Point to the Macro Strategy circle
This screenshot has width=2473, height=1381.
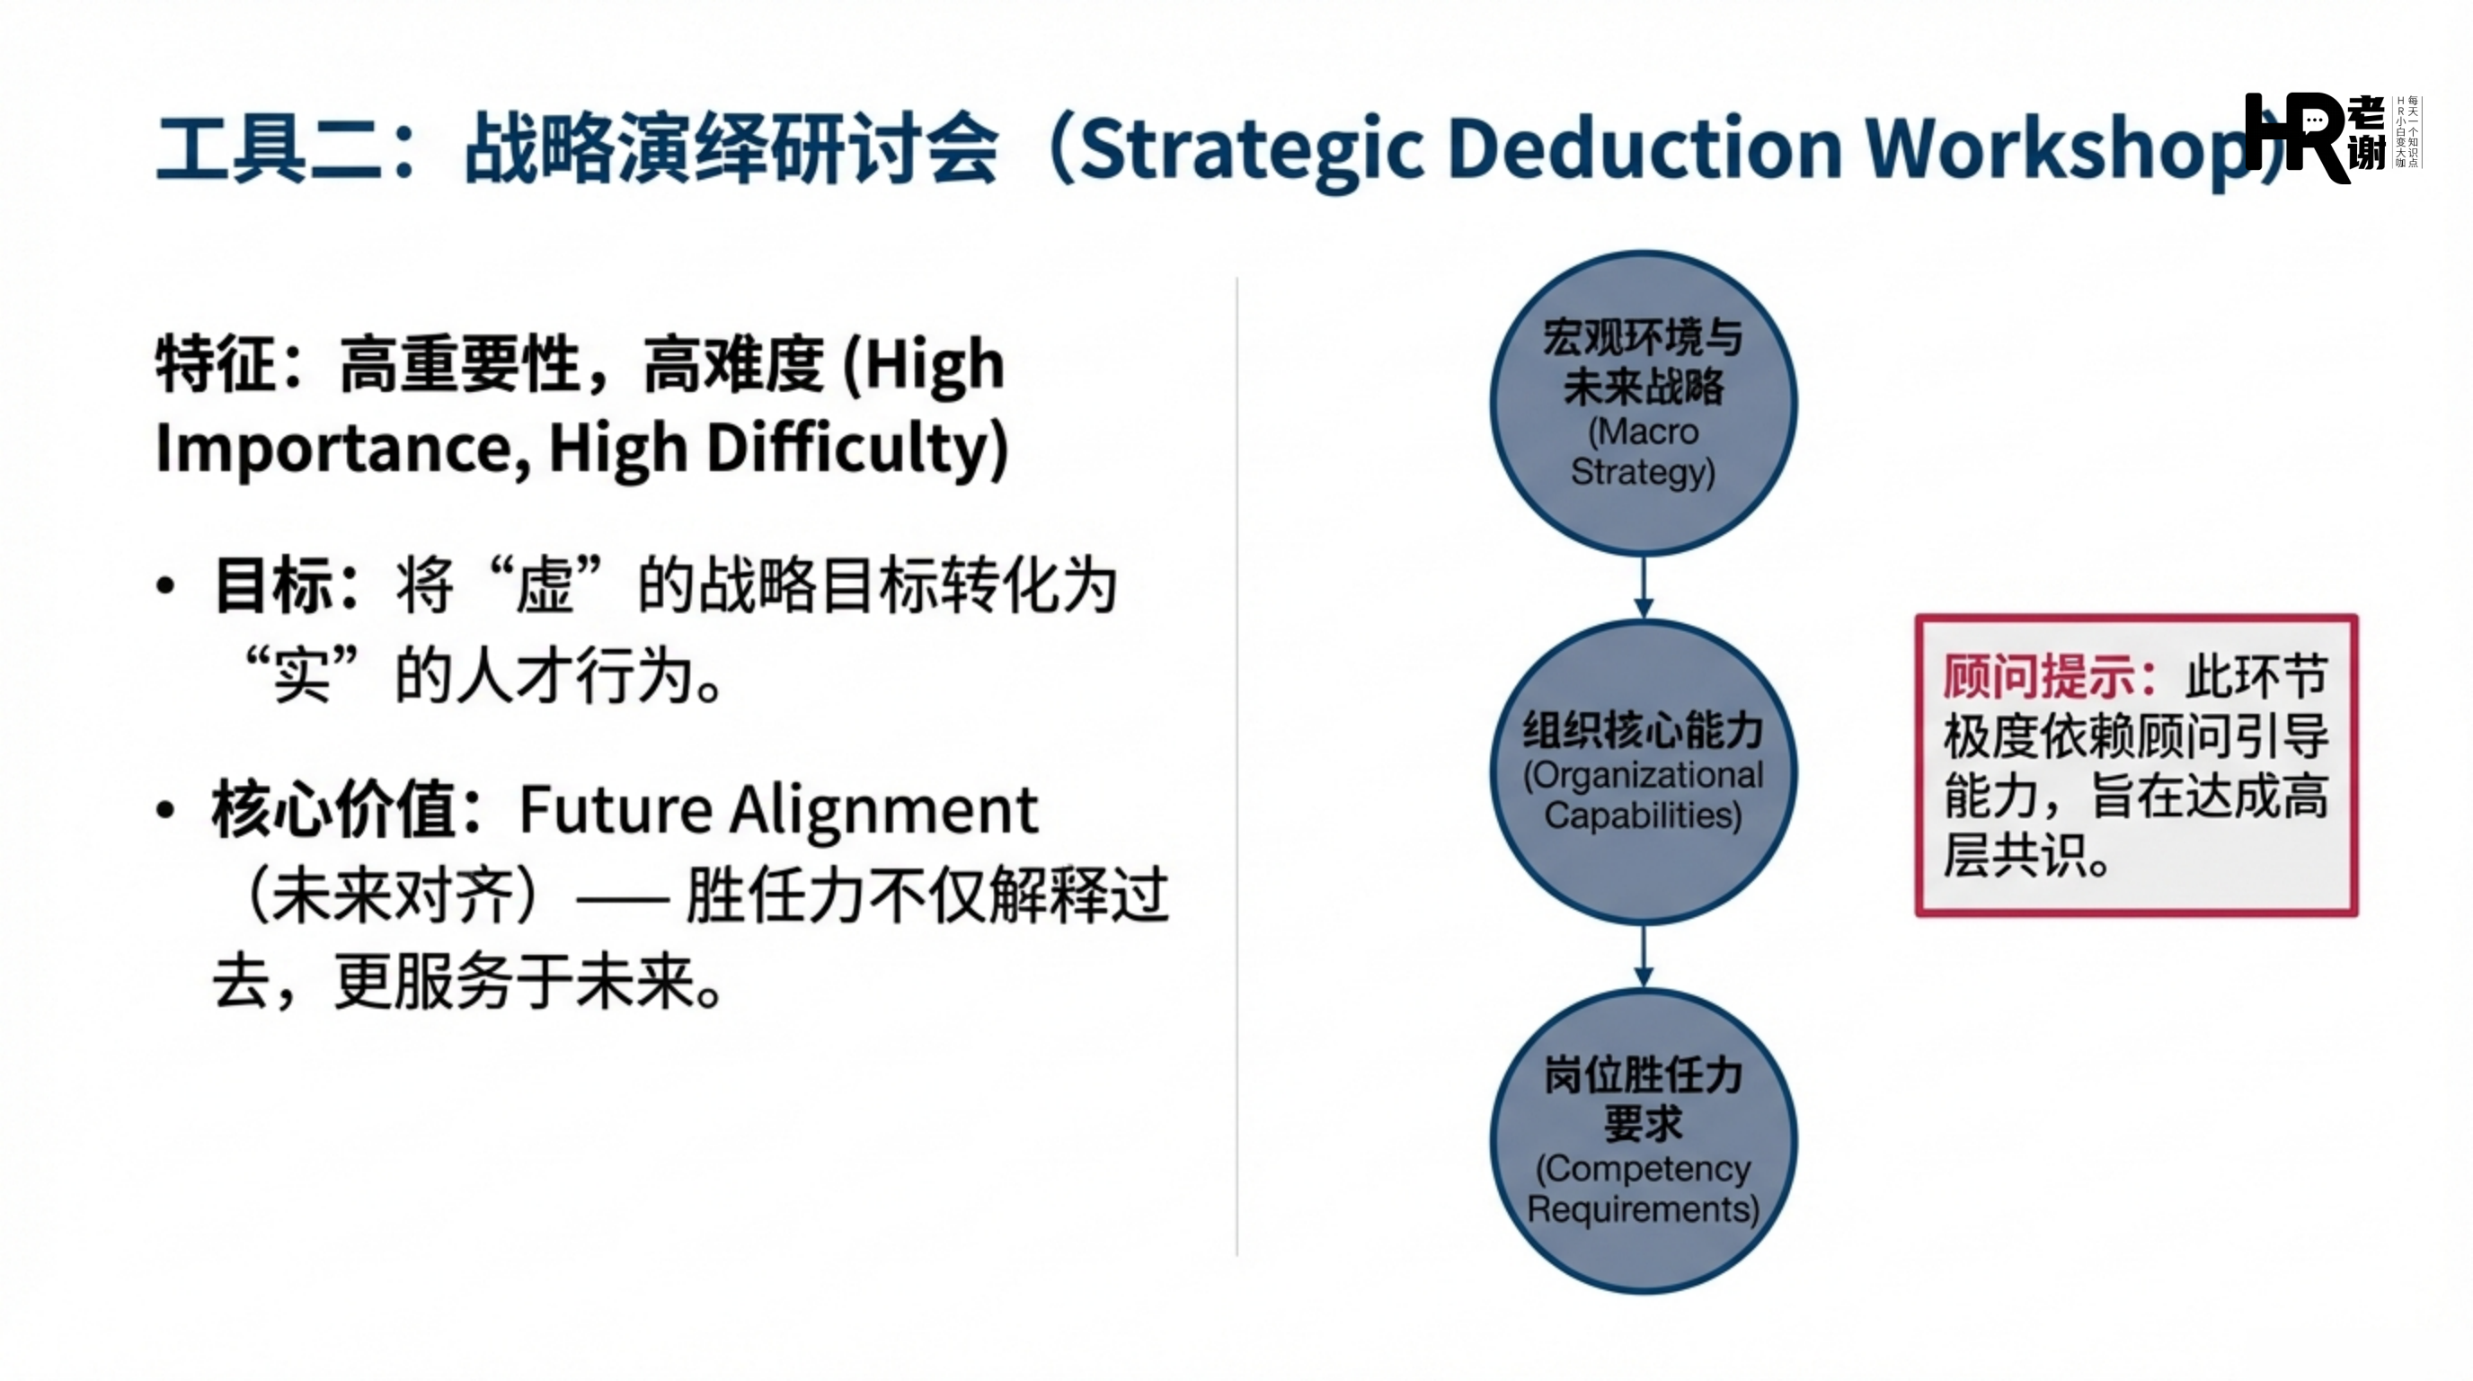pyautogui.click(x=1643, y=404)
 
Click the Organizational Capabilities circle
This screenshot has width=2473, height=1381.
pyautogui.click(x=1643, y=772)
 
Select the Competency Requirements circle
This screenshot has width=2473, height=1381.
pyautogui.click(x=1643, y=1141)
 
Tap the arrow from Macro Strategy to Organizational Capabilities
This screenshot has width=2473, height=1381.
pyautogui.click(x=1644, y=587)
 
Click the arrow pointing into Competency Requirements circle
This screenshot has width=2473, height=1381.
pyautogui.click(x=1644, y=956)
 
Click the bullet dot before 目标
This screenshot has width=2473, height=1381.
pyautogui.click(x=166, y=585)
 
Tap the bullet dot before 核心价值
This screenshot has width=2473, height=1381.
pyautogui.click(x=166, y=809)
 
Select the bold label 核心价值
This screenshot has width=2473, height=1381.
pyautogui.click(x=335, y=808)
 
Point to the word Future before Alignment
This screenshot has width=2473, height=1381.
pyautogui.click(x=615, y=808)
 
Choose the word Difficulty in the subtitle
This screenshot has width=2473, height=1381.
pyautogui.click(x=857, y=449)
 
